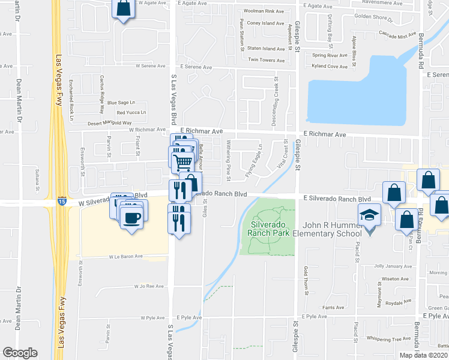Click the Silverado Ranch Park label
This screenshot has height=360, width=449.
[267, 227]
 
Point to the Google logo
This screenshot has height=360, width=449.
[20, 353]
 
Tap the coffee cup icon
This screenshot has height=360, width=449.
[132, 218]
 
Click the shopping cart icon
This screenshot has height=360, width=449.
[182, 161]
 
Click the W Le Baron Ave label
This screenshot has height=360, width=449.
[125, 256]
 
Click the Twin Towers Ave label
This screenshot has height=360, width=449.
[266, 60]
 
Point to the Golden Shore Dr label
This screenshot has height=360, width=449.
[373, 17]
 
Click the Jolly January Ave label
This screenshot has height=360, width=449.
[391, 265]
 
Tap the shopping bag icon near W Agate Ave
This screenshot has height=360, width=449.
[123, 8]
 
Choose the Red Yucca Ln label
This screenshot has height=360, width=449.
[131, 112]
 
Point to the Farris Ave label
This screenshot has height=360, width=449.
[333, 307]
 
